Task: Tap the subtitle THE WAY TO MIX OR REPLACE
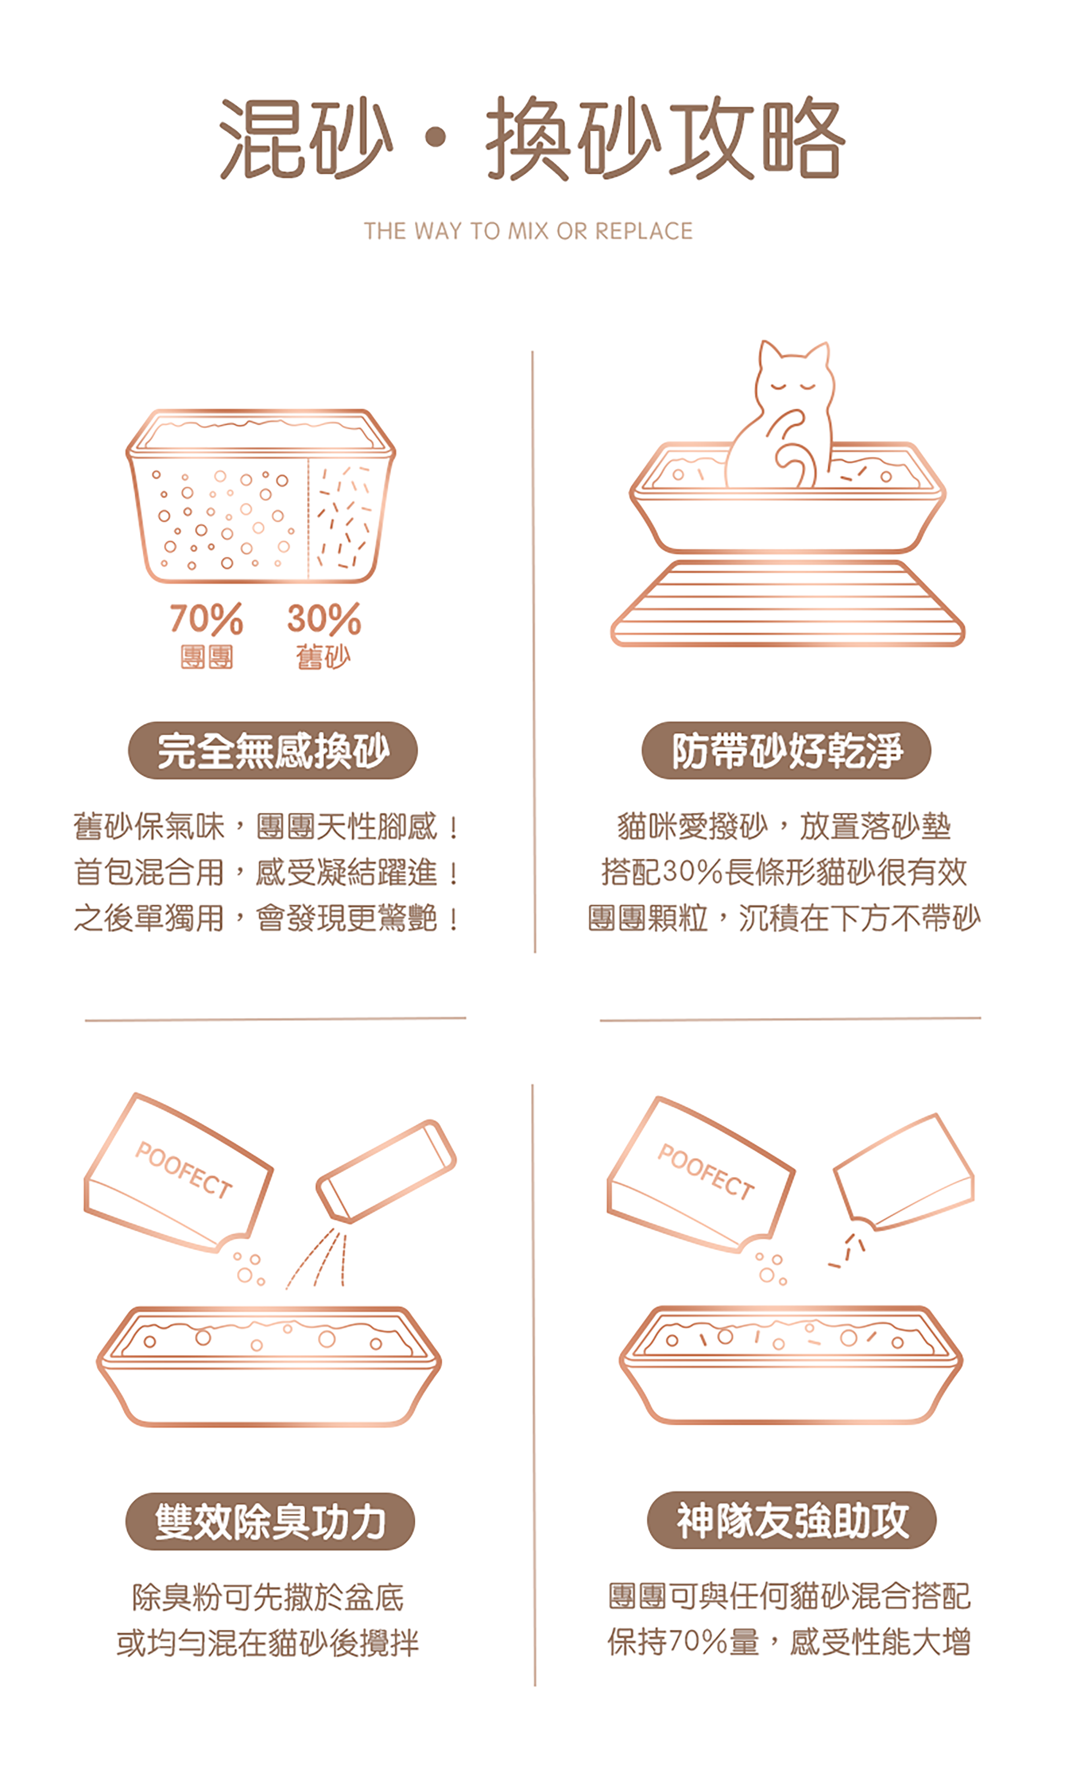click(x=528, y=231)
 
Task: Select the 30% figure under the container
click(x=324, y=618)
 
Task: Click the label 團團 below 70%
click(x=207, y=657)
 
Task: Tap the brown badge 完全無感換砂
click(x=273, y=750)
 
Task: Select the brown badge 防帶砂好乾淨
click(x=787, y=750)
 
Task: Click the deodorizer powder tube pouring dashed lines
click(x=387, y=1171)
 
